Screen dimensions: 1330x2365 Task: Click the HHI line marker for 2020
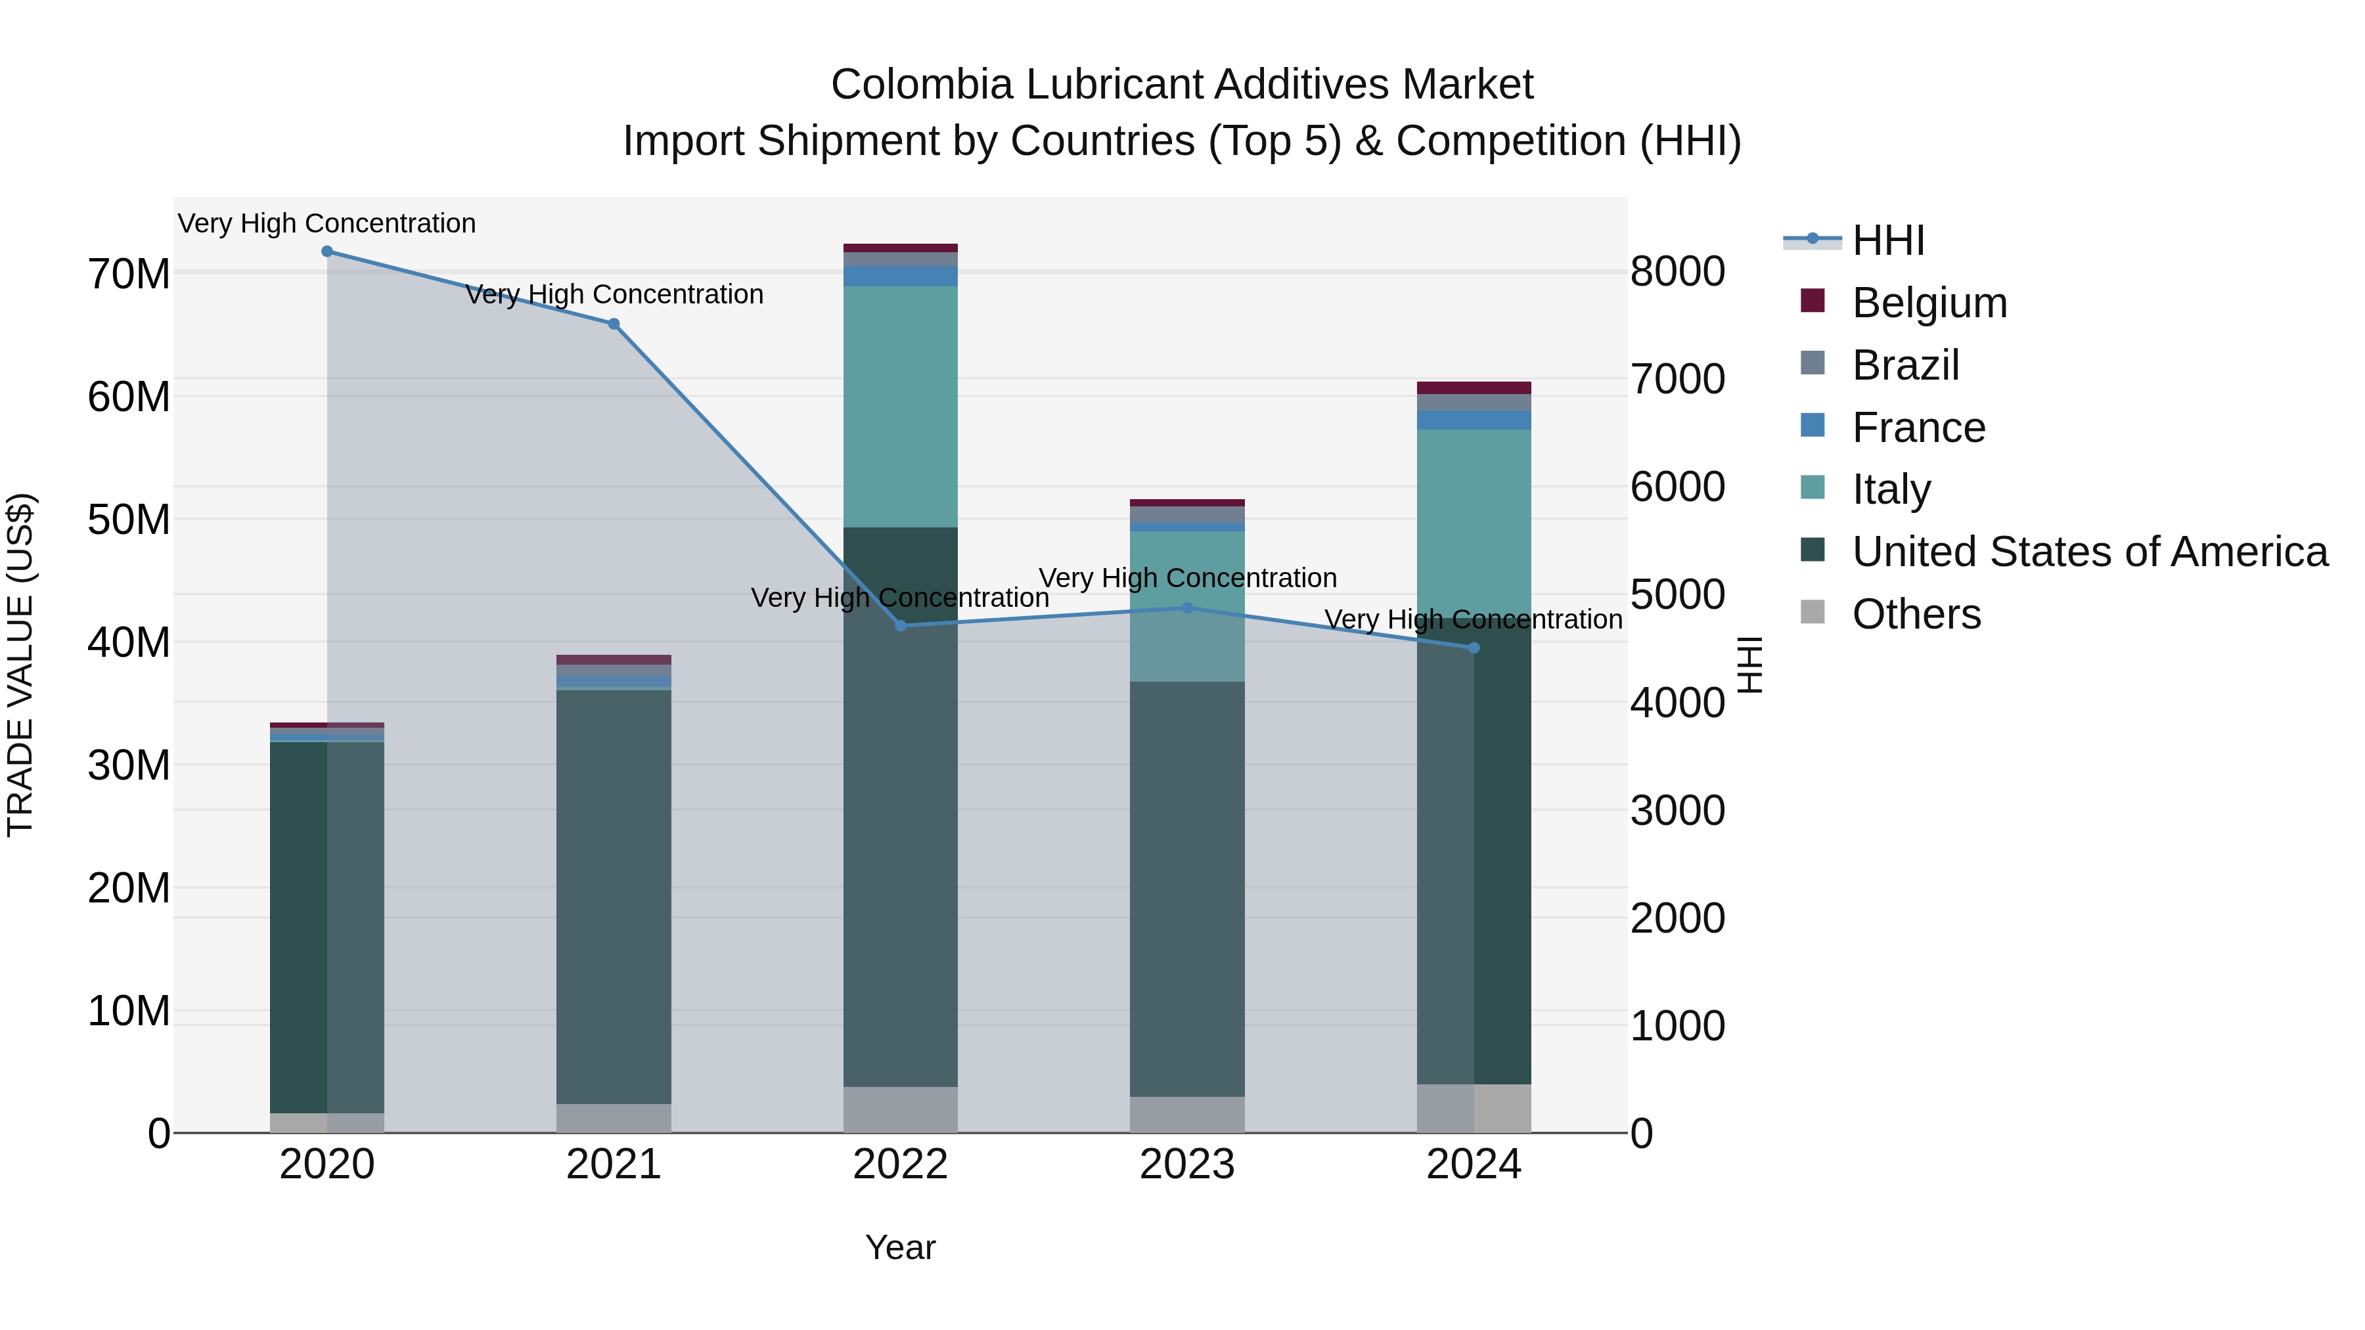[327, 252]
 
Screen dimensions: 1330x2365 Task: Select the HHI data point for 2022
[901, 626]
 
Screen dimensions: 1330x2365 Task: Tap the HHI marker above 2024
[1474, 648]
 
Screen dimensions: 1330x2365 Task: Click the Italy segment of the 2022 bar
[901, 407]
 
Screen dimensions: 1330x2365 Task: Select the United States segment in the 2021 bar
[614, 896]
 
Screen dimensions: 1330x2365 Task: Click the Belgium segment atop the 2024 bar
[1474, 388]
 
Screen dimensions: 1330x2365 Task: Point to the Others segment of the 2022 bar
[901, 1110]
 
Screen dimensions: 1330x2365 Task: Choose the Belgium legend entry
[1929, 303]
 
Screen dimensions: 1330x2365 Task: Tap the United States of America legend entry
[2088, 552]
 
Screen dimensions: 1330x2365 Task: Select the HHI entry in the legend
[1887, 240]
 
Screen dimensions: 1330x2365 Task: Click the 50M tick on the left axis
[129, 520]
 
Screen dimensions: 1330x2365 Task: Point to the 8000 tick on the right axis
[1677, 272]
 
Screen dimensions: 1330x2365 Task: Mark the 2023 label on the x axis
[1187, 1164]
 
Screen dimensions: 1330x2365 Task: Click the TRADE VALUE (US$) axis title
[20, 665]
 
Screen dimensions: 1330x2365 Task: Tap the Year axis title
[900, 1247]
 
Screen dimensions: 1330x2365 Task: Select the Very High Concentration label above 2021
[614, 295]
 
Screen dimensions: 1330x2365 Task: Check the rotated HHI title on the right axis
[1750, 665]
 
